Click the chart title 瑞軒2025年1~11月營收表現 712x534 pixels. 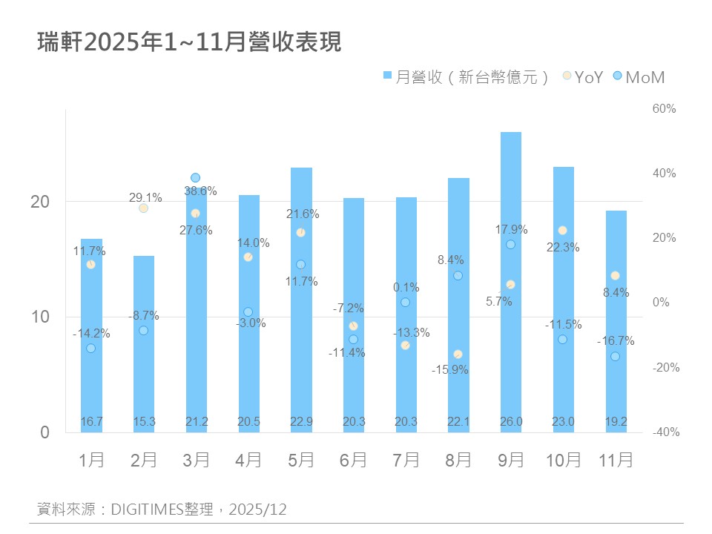pos(189,42)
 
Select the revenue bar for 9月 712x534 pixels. pos(510,282)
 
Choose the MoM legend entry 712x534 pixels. pos(639,76)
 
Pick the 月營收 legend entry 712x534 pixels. pos(466,76)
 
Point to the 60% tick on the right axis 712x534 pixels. pos(664,109)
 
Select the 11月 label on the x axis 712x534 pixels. pos(616,460)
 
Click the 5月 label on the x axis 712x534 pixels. pos(300,460)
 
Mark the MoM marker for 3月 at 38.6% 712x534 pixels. pos(196,178)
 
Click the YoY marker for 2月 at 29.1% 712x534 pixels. pos(143,208)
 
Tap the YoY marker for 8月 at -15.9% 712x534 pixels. pos(458,355)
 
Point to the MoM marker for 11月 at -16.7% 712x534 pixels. pos(615,357)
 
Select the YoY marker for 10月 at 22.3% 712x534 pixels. pos(562,231)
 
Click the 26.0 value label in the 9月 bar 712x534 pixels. pos(510,421)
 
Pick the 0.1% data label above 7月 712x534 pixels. pos(406,288)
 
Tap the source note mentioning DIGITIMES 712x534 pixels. pos(162,510)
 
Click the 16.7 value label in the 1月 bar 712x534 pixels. pos(91,421)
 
